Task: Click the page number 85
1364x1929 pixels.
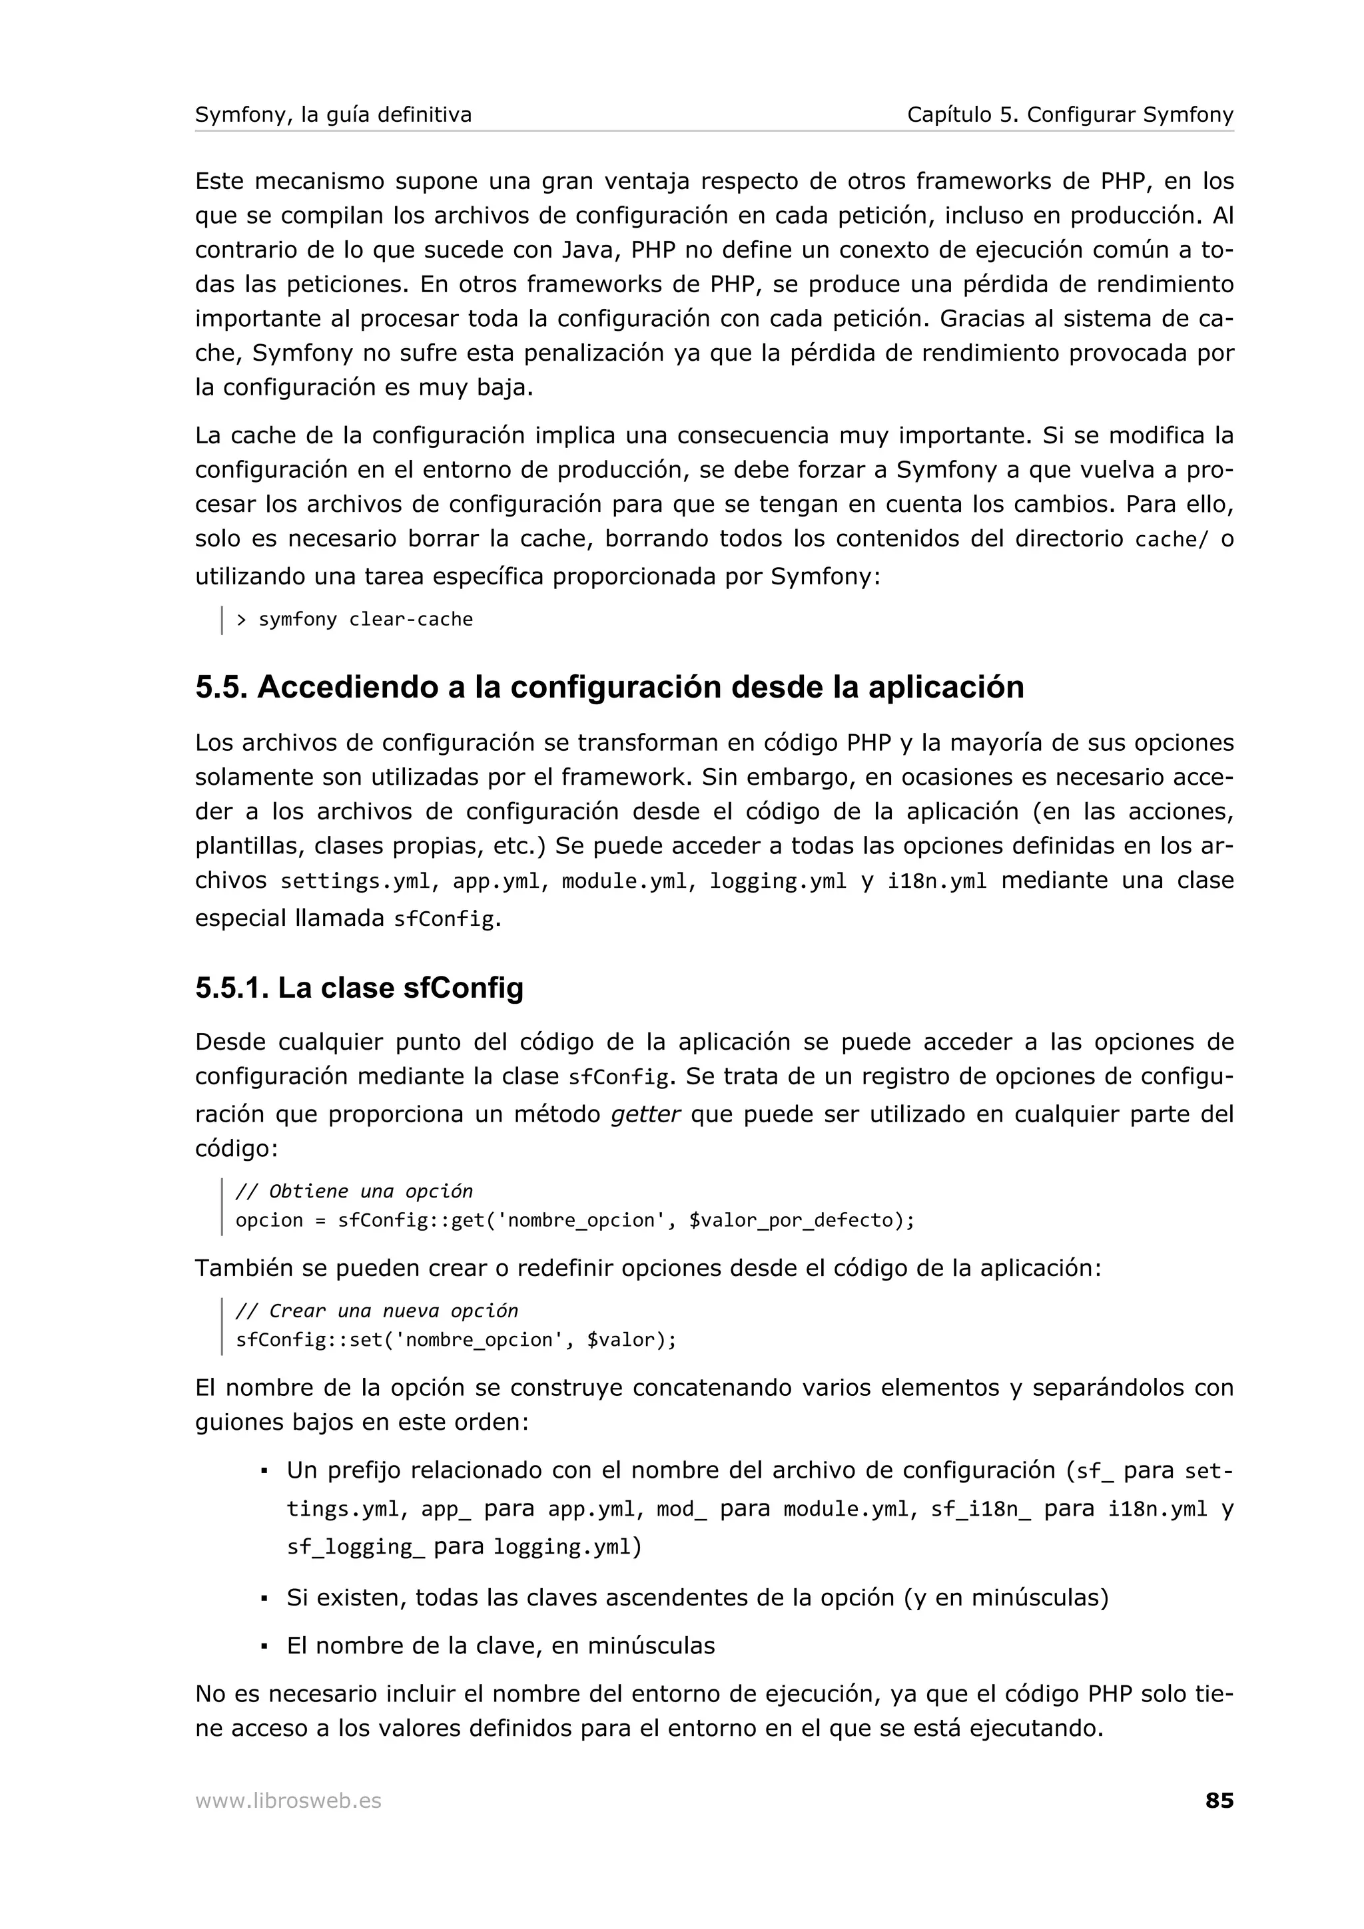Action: tap(1219, 1801)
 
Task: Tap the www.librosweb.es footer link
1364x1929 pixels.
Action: tap(288, 1801)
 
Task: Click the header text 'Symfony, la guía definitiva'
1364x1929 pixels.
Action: tap(333, 114)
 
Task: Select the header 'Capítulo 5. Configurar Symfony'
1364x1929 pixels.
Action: tap(1070, 114)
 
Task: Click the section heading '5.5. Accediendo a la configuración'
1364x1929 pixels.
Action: tap(609, 687)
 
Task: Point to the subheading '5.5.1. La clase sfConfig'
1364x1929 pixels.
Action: tap(359, 987)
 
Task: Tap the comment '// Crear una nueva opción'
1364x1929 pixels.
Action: tap(376, 1311)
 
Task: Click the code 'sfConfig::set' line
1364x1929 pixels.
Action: tap(456, 1339)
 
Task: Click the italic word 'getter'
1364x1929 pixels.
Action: tap(645, 1115)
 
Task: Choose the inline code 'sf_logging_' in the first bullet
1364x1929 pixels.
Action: tap(356, 1548)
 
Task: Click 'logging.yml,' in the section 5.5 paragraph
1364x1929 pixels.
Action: tap(778, 881)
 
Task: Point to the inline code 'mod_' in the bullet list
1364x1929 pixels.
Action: tap(681, 1510)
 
